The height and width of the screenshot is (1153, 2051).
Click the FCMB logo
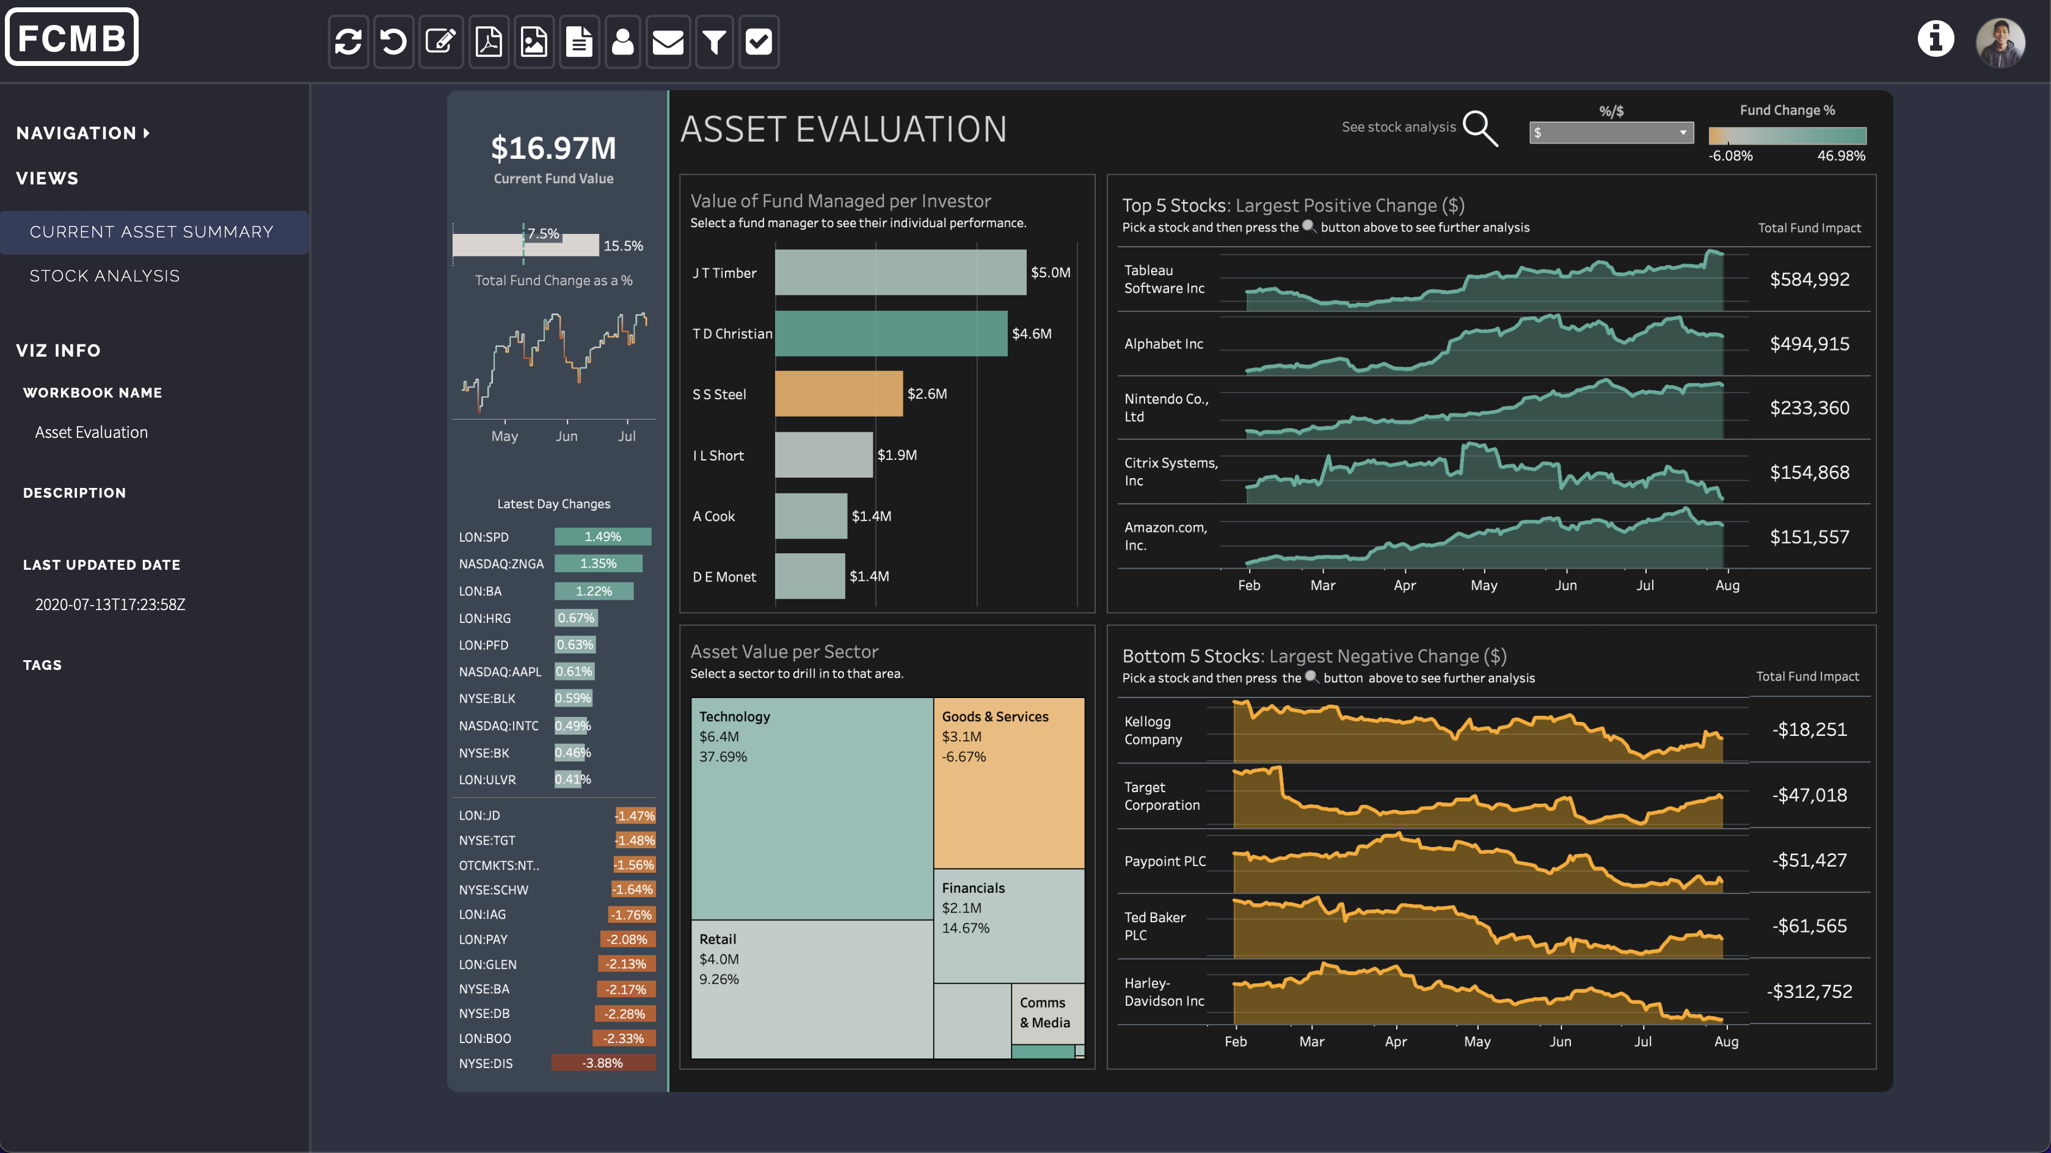71,37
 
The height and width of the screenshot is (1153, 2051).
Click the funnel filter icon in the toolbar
714,42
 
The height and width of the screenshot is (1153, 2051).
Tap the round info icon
1935,38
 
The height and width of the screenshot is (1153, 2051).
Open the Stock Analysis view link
104,275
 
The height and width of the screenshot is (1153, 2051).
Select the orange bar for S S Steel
839,393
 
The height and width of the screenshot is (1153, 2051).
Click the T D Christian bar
890,333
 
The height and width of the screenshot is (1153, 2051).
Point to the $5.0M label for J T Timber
1050,272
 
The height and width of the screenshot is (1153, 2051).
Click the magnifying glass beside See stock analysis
1480,128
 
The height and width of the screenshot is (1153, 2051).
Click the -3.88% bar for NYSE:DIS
603,1063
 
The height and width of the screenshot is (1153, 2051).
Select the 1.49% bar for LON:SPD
603,537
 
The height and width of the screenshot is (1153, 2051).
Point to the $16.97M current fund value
553,148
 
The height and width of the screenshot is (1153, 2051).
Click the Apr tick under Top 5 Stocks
1405,585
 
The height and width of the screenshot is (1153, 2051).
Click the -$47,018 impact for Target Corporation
1809,795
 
